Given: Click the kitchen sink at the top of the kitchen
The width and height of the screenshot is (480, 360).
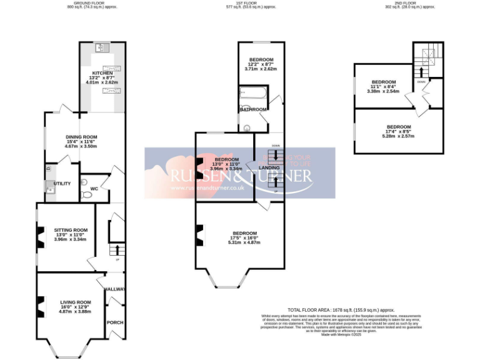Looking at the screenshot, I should (101, 47).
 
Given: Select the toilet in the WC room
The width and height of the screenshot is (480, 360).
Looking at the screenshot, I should (87, 194).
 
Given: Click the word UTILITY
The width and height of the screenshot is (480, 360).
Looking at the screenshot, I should (62, 183).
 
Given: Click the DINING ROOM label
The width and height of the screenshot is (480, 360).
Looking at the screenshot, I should (82, 136).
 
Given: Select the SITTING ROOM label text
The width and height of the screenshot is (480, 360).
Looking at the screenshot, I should (71, 229).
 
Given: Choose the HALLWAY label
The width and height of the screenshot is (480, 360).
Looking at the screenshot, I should (115, 289).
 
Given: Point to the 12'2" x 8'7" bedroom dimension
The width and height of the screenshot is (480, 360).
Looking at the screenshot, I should (261, 65).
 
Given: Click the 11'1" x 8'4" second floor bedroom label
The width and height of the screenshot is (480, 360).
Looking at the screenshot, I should (384, 87).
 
